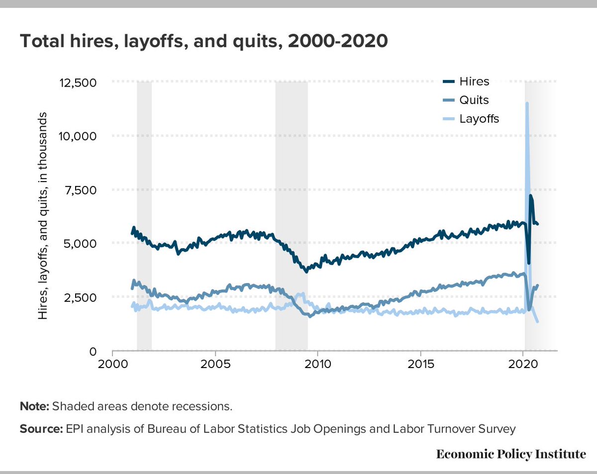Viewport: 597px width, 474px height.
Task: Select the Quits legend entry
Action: pyautogui.click(x=474, y=100)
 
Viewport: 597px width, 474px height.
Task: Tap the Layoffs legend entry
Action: pyautogui.click(x=479, y=119)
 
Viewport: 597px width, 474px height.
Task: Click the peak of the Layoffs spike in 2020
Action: pyautogui.click(x=526, y=103)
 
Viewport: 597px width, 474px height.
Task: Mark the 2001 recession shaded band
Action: pyautogui.click(x=144, y=214)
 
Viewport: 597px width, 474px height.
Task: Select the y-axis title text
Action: pyautogui.click(x=44, y=216)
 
